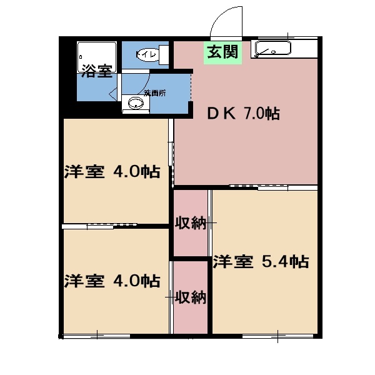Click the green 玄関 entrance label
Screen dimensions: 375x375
(223, 52)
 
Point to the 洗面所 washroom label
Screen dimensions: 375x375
(155, 92)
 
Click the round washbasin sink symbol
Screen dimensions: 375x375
(135, 104)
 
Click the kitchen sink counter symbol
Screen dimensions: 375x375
(274, 49)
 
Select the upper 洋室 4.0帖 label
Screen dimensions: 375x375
(111, 171)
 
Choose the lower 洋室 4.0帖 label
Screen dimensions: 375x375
(111, 280)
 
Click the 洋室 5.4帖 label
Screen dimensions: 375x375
(260, 261)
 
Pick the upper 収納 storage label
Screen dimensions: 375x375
(190, 223)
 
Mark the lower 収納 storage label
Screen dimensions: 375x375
(190, 297)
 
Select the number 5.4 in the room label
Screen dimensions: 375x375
(273, 261)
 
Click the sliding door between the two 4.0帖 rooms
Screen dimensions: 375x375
(112, 226)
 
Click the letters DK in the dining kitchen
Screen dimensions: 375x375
(219, 114)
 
